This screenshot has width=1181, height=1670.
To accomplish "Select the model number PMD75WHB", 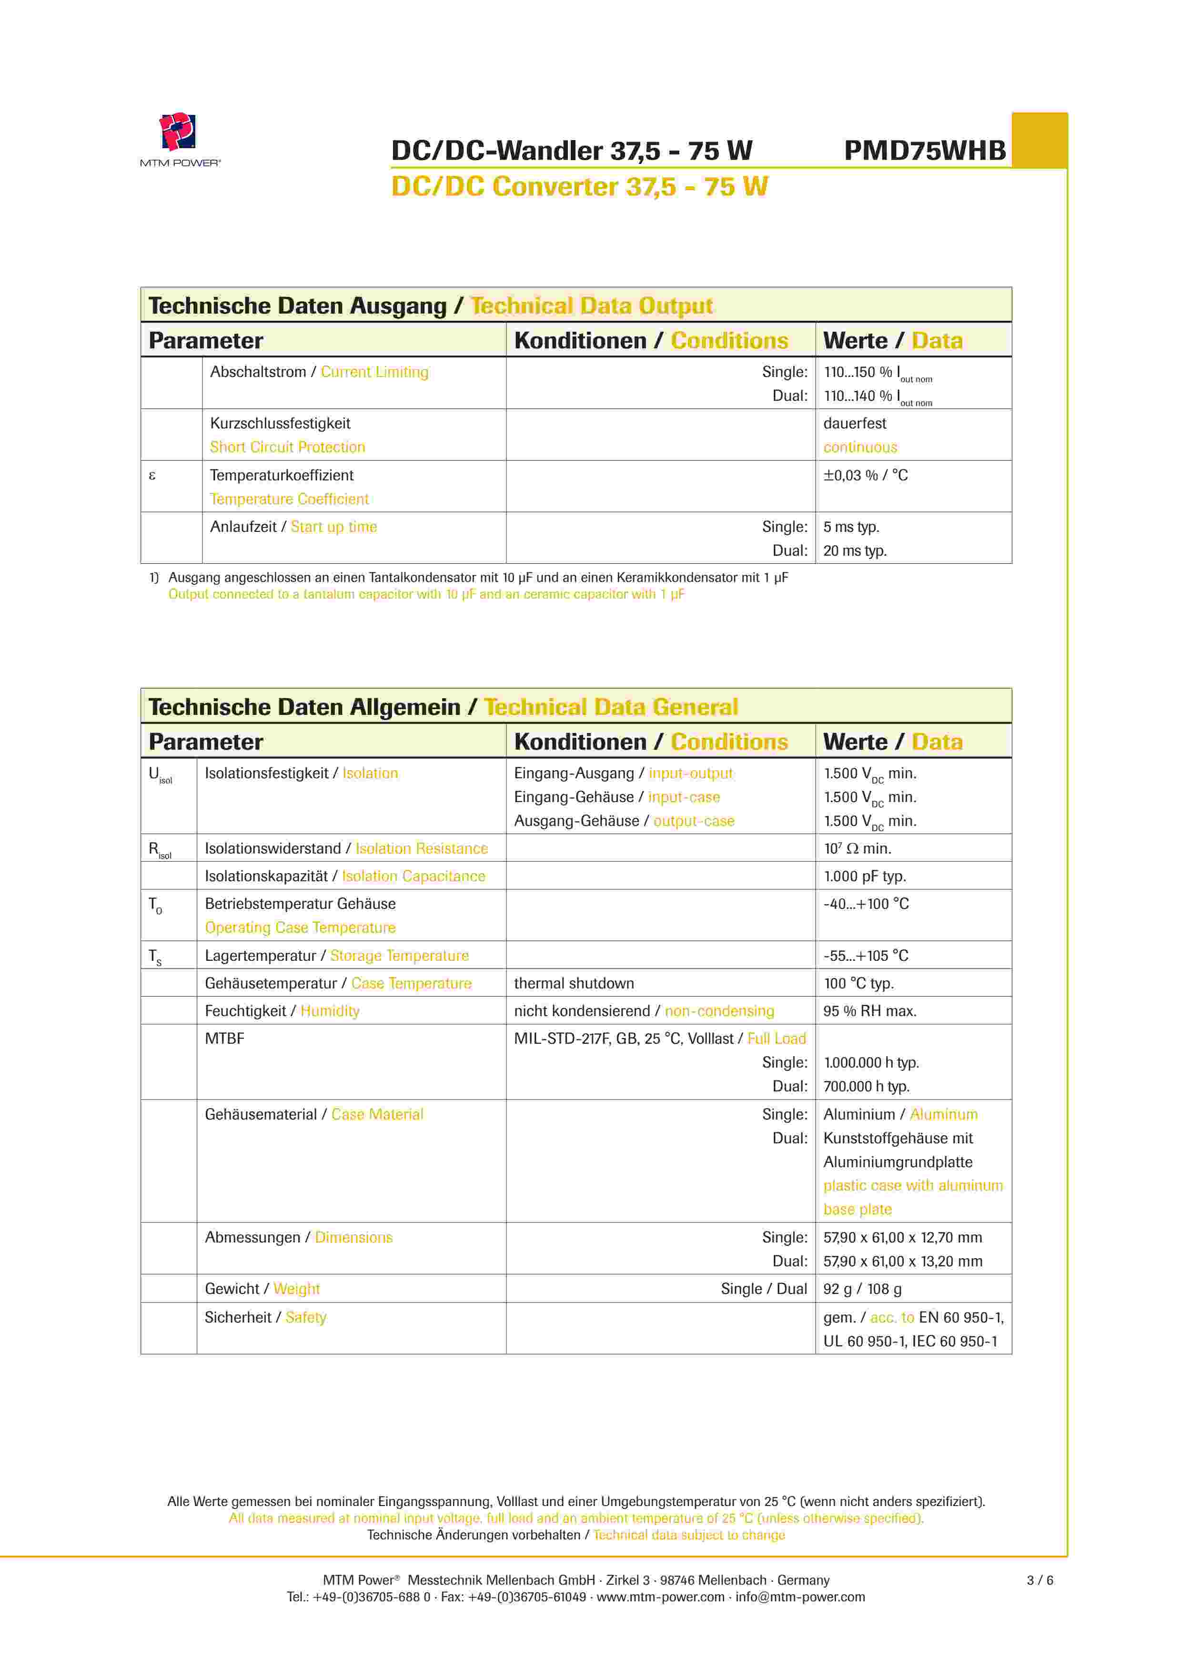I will click(924, 151).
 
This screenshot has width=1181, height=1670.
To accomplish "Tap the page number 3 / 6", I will click(1039, 1580).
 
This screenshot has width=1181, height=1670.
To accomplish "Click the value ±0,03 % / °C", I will click(866, 476).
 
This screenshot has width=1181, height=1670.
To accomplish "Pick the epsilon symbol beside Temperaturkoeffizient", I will click(152, 476).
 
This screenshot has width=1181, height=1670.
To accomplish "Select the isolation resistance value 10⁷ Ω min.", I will click(858, 849).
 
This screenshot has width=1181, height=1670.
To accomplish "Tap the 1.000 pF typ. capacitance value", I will click(865, 876).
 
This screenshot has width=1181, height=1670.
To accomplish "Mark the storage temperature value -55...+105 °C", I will click(866, 956).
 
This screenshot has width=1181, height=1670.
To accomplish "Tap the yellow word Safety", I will click(306, 1317).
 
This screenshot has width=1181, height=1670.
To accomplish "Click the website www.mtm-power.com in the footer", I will click(660, 1597).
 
